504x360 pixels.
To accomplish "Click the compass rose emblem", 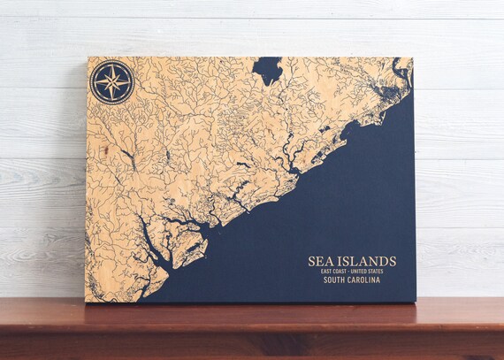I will click(112, 82).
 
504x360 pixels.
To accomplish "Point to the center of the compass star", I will click(112, 82).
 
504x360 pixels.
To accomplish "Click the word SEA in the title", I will click(321, 262).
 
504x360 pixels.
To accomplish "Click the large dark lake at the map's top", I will click(266, 70).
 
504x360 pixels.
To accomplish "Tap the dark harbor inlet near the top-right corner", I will click(401, 70).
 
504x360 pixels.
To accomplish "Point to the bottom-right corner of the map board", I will click(415, 301).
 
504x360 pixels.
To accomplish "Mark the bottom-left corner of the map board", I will click(86, 302).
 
